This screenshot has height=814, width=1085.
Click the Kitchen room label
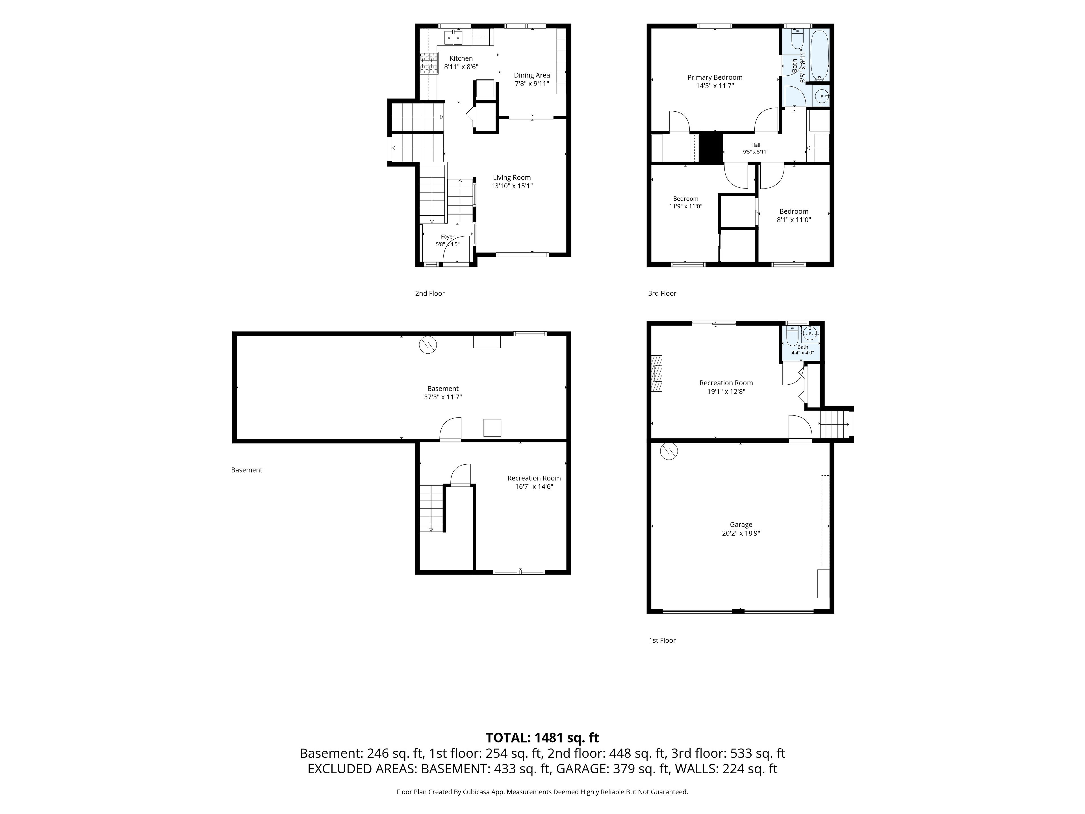[461, 59]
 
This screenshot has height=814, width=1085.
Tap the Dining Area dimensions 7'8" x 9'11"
[532, 84]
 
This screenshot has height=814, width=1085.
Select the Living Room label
[512, 177]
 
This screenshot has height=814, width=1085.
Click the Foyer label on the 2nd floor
[447, 237]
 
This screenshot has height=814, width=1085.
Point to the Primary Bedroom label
[715, 77]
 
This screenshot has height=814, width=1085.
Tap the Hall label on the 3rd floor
[755, 145]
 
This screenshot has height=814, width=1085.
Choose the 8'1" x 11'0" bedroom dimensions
[794, 220]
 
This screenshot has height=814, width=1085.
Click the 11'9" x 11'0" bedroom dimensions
[686, 207]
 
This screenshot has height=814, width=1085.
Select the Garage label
[741, 525]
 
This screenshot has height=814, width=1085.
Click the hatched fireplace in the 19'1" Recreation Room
[656, 373]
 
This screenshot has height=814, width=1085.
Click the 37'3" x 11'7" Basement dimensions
[443, 397]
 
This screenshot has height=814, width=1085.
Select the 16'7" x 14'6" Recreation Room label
[534, 479]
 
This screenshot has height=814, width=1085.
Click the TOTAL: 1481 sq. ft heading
[542, 738]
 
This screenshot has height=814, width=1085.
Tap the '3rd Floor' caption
[662, 293]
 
